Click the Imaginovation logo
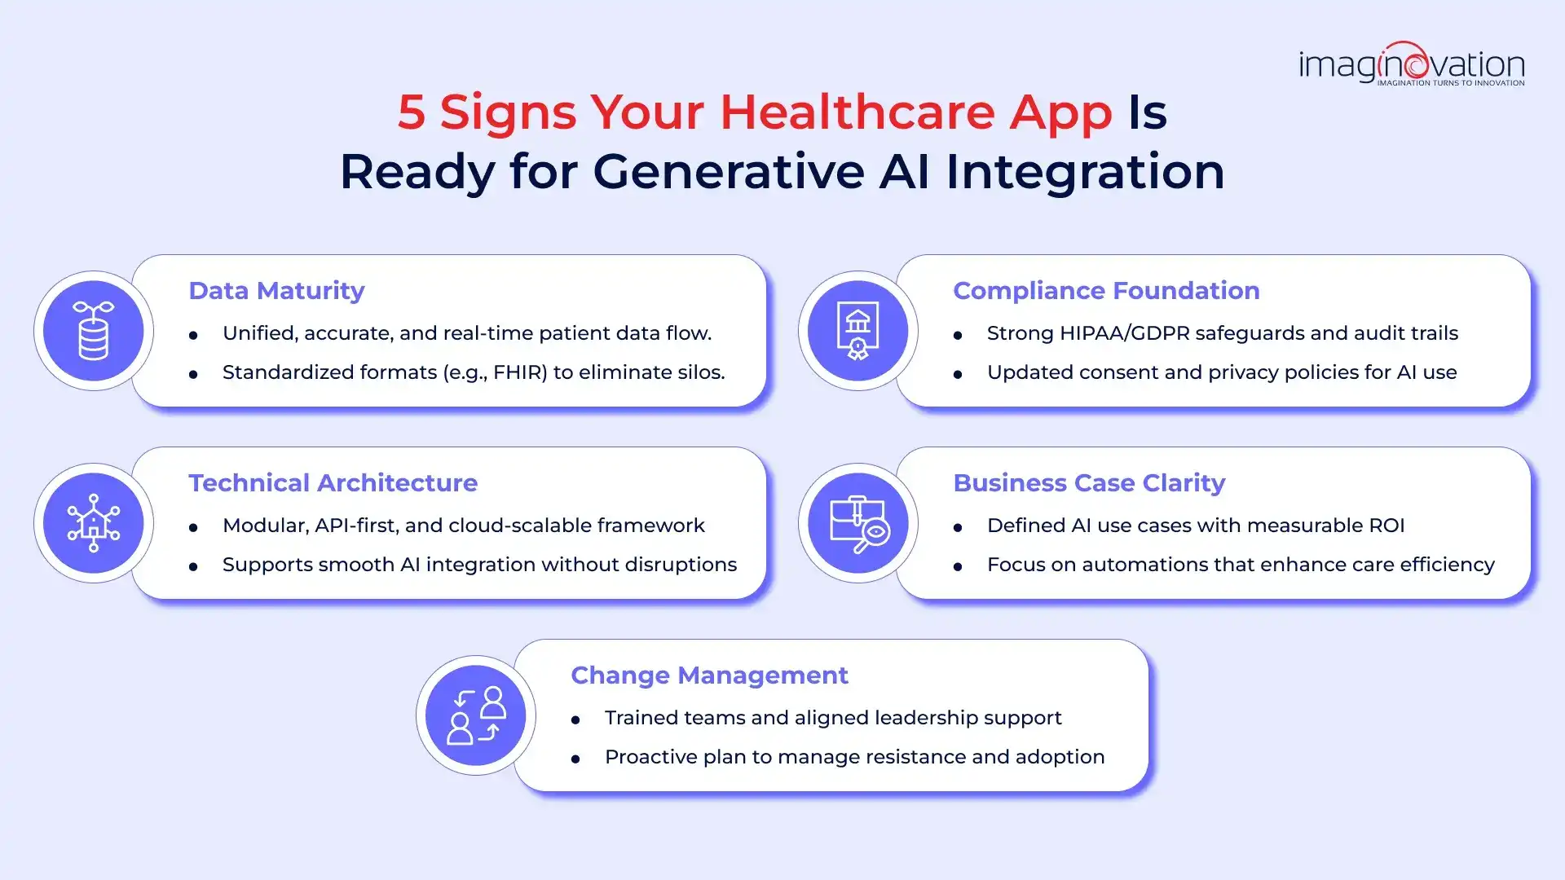click(x=1411, y=64)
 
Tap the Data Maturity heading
click(x=276, y=291)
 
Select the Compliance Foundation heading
click(x=1106, y=291)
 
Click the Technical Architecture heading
click(x=333, y=483)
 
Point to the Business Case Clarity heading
click(x=1089, y=483)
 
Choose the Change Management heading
click(x=709, y=675)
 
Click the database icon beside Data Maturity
click(x=94, y=331)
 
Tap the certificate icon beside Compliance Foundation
click(x=857, y=331)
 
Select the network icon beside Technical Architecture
click(x=94, y=523)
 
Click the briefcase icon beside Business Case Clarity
click(x=857, y=523)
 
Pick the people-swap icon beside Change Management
click(x=476, y=715)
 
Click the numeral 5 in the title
click(x=411, y=112)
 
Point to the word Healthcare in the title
click(x=857, y=112)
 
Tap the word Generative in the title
click(x=729, y=172)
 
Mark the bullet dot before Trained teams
click(x=575, y=719)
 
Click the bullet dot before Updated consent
click(x=958, y=374)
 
